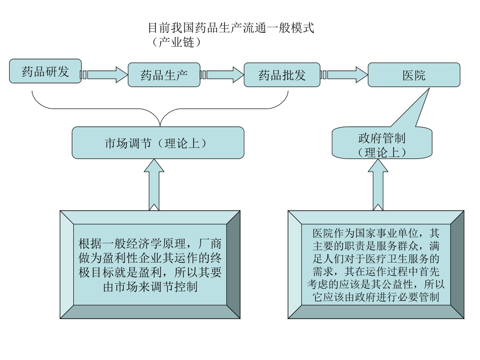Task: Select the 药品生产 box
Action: (164, 75)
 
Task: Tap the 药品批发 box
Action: (282, 75)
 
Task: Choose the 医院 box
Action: (414, 75)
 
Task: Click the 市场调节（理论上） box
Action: (158, 142)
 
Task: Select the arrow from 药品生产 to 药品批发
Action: (222, 75)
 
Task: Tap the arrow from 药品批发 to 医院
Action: (344, 75)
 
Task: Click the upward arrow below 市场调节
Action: (158, 184)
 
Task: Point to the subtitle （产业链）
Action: (176, 42)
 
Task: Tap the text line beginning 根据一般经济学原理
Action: (150, 243)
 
